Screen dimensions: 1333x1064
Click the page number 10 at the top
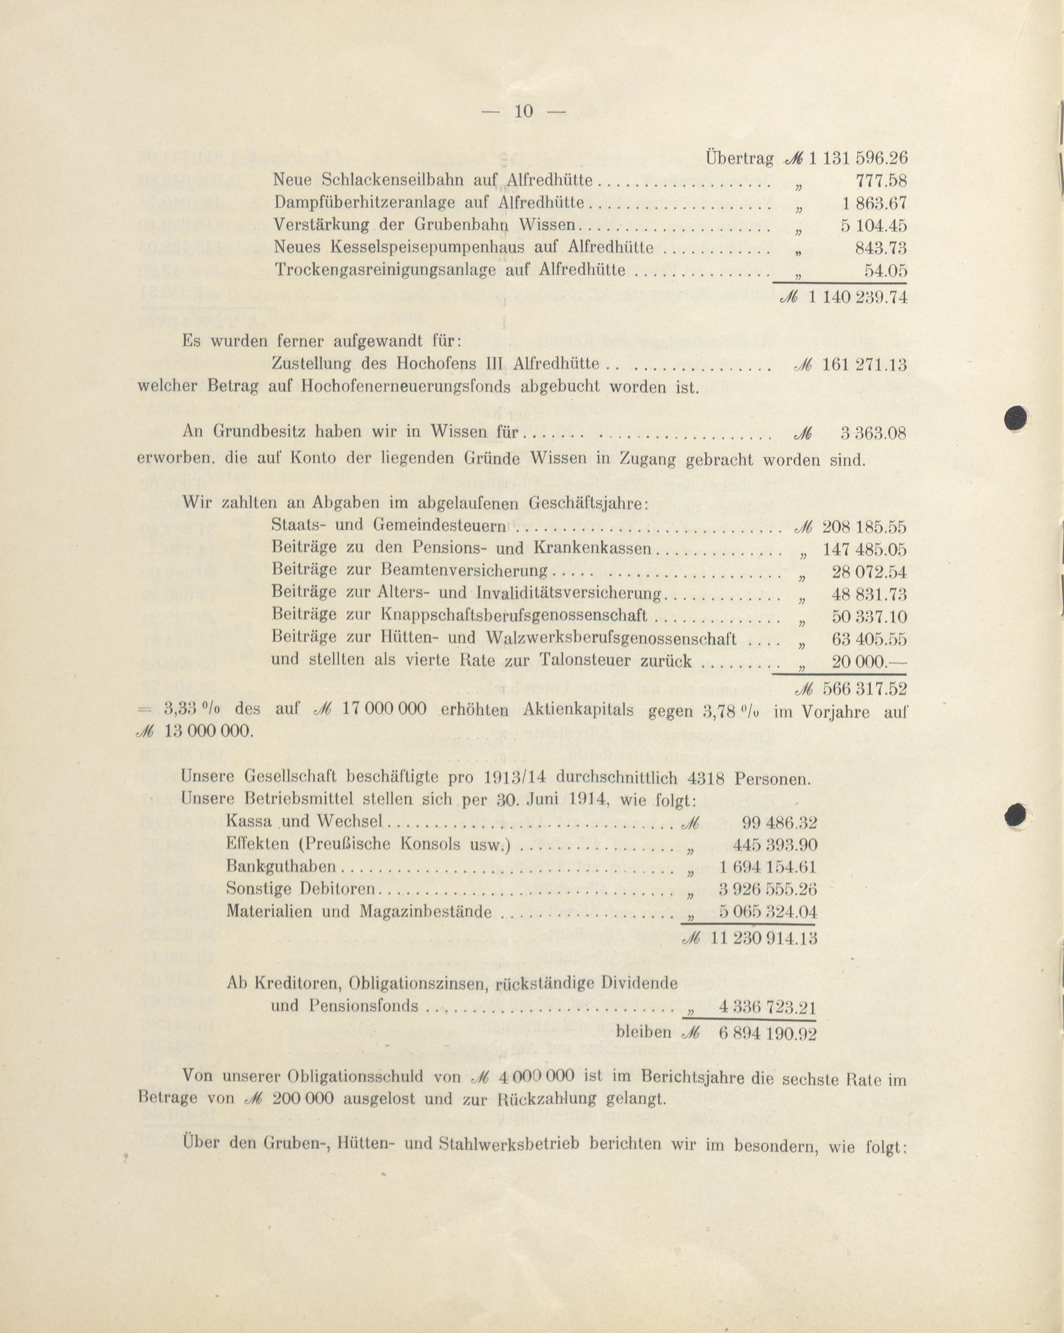click(x=523, y=111)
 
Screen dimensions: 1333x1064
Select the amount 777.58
click(x=881, y=181)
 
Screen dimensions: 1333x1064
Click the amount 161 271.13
click(x=864, y=365)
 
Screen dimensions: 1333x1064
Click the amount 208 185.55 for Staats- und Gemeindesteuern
click(x=864, y=527)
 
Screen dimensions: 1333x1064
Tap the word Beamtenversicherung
click(x=465, y=570)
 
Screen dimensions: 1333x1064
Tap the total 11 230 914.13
click(x=764, y=938)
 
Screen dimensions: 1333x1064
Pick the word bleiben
click(x=644, y=1032)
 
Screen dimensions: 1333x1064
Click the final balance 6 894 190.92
click(x=767, y=1033)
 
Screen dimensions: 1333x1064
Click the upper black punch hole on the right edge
click(x=1016, y=418)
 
